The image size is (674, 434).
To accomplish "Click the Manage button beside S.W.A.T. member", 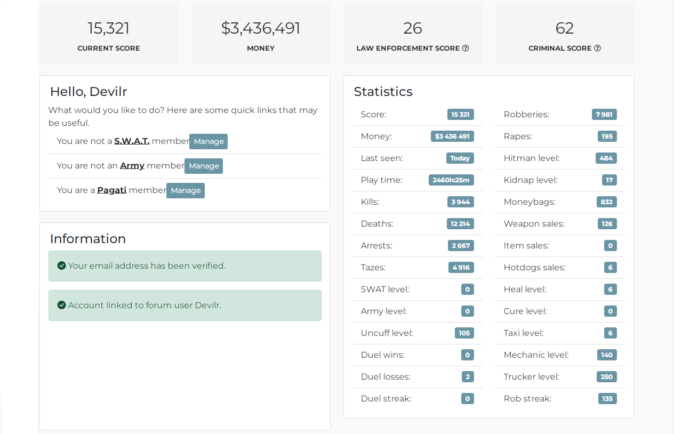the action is tap(208, 141).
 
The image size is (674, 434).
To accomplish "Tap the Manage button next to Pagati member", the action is tap(186, 190).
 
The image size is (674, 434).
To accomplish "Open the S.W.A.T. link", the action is tap(132, 141).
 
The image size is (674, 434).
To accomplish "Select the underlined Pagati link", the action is tap(111, 190).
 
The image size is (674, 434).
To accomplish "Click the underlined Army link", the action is tap(132, 166).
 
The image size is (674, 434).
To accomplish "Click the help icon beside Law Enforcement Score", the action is tap(466, 48).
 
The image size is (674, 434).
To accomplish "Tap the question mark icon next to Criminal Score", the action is tap(597, 48).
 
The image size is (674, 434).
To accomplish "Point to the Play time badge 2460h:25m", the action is tap(451, 180).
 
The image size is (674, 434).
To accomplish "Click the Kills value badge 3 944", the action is tap(460, 202).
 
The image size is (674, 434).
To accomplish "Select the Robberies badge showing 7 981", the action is tap(604, 114).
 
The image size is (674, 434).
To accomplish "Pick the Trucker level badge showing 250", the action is tap(607, 376).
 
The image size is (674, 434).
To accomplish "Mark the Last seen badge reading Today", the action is tap(460, 158).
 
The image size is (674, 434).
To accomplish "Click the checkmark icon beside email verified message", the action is tap(61, 266).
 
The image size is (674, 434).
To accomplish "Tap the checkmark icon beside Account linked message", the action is tap(61, 305).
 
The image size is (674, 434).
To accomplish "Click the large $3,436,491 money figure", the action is tap(261, 28).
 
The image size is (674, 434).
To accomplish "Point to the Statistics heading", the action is tap(383, 91).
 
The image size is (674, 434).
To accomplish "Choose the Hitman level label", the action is tap(532, 158).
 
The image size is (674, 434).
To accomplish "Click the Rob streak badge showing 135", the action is tap(607, 398).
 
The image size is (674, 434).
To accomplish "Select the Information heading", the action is tap(88, 239).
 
